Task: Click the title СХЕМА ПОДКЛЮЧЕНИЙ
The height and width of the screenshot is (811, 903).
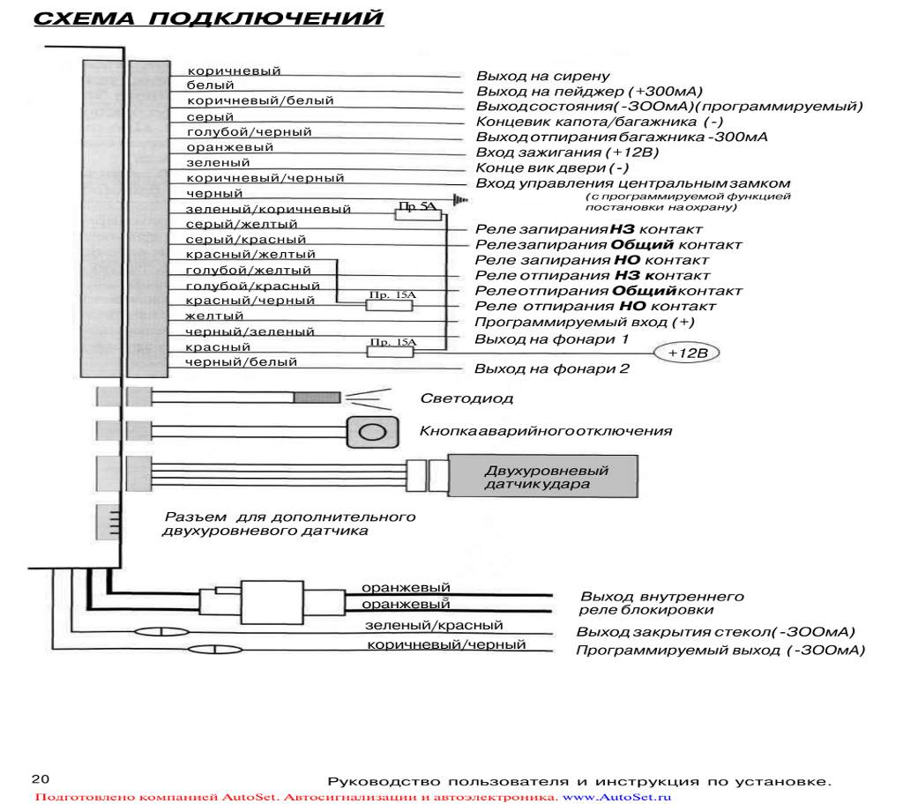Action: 208,19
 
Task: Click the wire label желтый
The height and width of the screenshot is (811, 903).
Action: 214,316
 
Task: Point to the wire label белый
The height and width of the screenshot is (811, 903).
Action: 210,86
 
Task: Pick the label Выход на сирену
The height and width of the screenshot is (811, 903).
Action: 542,77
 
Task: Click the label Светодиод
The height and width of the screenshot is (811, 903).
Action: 466,398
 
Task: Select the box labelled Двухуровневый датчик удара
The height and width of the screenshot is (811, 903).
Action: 546,477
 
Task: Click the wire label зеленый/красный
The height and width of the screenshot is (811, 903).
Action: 434,625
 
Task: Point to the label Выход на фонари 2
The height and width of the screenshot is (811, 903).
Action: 551,368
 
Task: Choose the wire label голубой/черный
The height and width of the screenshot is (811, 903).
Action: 249,132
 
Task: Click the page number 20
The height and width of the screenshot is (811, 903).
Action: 41,778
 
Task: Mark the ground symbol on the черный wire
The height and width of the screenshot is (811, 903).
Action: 459,201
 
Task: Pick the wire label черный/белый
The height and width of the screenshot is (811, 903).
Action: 241,361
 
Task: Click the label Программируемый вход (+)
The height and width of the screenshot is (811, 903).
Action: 585,322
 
